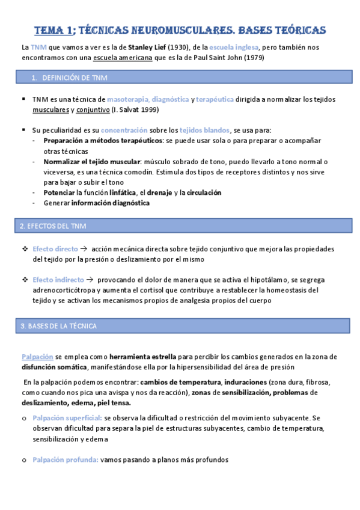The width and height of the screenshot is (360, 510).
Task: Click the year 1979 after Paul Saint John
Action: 253,58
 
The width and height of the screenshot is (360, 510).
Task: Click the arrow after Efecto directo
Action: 84,248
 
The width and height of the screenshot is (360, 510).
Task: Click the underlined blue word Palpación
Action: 37,357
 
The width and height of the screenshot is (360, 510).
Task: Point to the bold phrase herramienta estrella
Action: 122,357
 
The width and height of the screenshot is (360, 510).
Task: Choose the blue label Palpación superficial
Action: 67,417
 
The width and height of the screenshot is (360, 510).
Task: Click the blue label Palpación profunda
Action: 66,459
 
